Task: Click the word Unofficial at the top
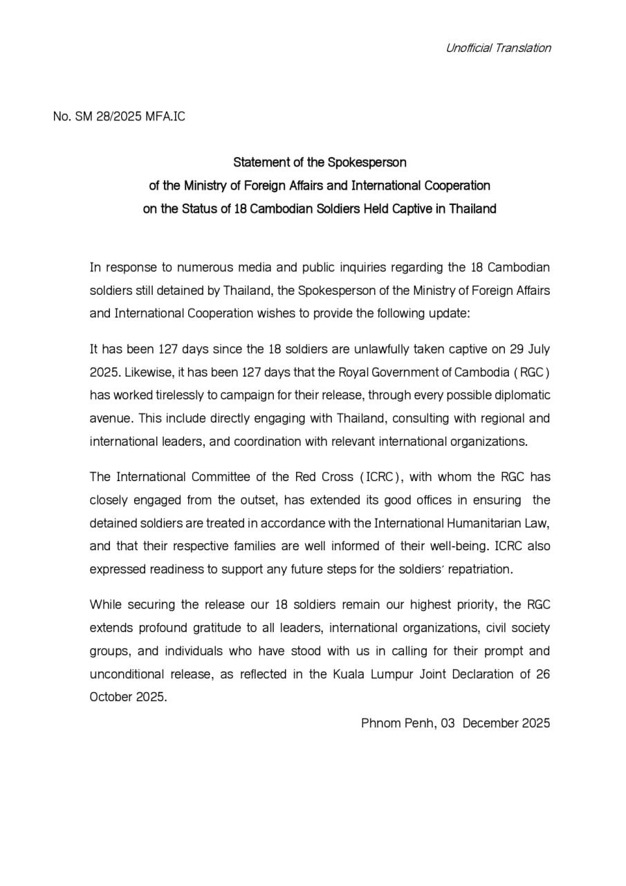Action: [468, 48]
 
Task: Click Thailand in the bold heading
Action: [473, 209]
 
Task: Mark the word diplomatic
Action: [522, 395]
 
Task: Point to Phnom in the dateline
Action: [381, 723]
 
